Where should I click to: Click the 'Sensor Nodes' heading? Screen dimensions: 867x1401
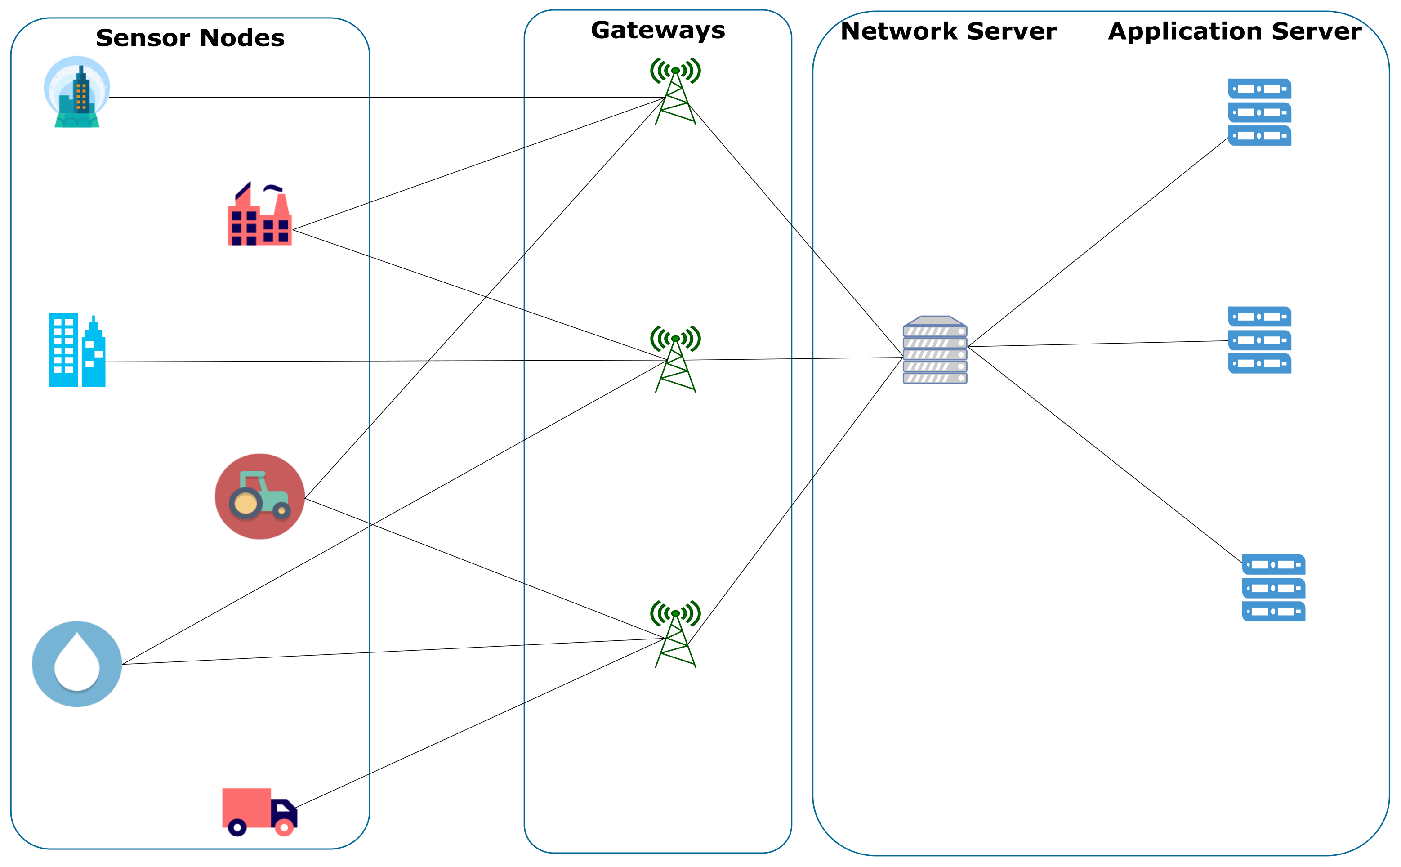[190, 38]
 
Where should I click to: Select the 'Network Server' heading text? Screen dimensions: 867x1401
[948, 31]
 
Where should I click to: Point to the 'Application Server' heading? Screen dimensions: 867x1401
[1234, 31]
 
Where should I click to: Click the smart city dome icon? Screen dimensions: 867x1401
[77, 92]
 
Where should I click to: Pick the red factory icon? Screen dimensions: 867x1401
[260, 215]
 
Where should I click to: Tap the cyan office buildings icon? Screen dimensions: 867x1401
[77, 350]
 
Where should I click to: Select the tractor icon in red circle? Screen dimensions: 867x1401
[260, 496]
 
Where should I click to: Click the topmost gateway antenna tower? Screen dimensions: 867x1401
[675, 92]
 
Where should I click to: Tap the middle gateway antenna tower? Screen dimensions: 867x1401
[675, 360]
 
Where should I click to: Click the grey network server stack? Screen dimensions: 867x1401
[934, 350]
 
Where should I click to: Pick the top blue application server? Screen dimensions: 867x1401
[1259, 112]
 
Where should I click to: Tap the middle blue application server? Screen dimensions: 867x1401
[1259, 340]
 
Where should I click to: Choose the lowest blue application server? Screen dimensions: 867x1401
[1273, 588]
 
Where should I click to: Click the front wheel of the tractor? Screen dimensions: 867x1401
[281, 510]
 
